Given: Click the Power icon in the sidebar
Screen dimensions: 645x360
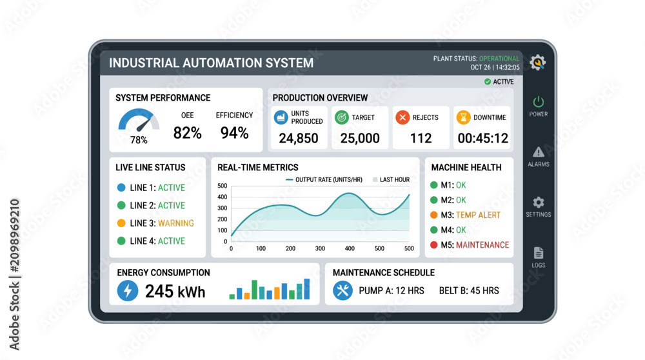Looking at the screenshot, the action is tap(539, 102).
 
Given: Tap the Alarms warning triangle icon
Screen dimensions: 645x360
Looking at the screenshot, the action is tap(539, 152).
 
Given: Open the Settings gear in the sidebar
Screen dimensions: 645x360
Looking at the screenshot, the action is tap(539, 203).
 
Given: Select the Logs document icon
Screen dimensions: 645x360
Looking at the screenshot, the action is tap(539, 253).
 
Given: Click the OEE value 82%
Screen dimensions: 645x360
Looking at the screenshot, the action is tap(187, 133).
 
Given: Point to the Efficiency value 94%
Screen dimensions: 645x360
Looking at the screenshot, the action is tap(235, 133).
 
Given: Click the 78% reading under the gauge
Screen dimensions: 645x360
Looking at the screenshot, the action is tap(139, 140).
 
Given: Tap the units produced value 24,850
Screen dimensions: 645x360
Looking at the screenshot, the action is tap(299, 138).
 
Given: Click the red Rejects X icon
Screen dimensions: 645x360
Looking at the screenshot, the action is tap(402, 117).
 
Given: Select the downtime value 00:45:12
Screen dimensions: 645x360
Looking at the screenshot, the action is tap(483, 138).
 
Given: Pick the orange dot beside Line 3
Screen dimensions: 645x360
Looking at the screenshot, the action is tap(121, 223).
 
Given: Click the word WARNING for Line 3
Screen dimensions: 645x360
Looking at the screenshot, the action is tap(176, 223).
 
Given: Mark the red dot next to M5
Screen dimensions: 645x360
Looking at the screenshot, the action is tap(433, 245).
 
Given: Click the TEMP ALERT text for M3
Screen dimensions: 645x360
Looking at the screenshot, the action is tap(478, 215).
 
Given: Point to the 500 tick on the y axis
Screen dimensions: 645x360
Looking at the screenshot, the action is tap(222, 186).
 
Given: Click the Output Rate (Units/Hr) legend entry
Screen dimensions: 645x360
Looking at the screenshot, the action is tap(324, 180).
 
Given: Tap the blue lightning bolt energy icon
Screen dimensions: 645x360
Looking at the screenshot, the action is tap(128, 290).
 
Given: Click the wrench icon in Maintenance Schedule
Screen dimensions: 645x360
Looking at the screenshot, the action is tap(342, 290).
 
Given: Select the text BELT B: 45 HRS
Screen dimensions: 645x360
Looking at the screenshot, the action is tap(469, 291).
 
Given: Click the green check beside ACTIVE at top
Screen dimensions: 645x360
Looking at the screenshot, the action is tap(488, 81).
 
